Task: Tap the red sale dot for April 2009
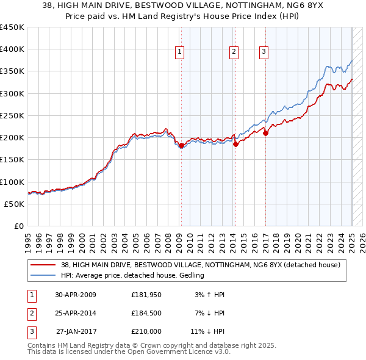point(181,145)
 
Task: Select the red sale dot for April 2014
point(235,144)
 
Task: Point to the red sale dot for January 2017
point(265,133)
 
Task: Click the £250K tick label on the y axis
point(12,115)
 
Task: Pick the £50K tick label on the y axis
point(15,204)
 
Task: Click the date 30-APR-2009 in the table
point(76,295)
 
